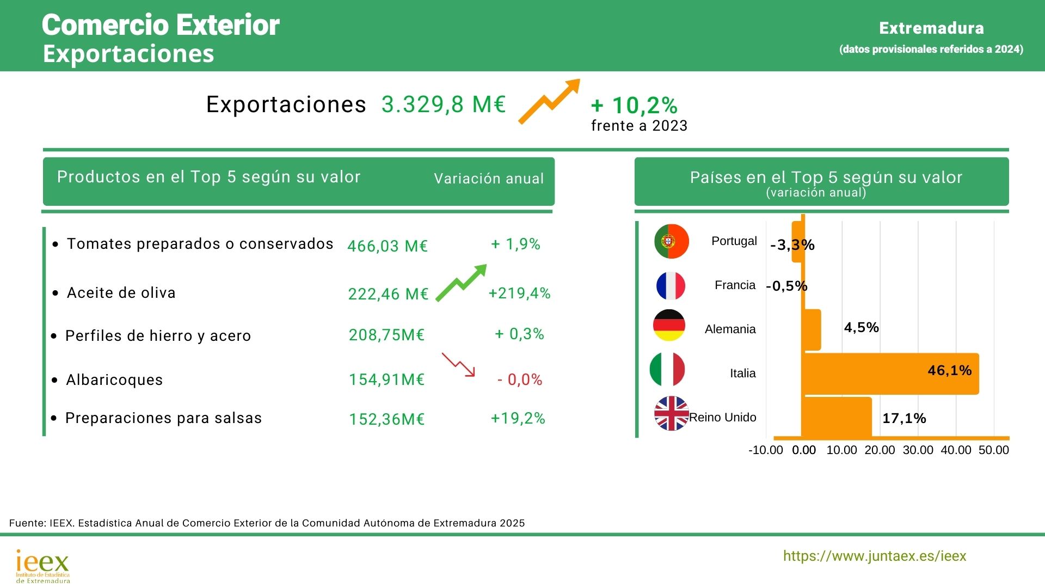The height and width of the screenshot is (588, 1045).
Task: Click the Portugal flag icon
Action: point(672,241)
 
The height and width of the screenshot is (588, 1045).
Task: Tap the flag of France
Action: point(671,286)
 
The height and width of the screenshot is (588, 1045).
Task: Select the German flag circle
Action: point(669,326)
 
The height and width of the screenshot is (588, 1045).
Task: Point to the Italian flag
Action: point(667,370)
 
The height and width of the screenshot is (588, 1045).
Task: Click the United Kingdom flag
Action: point(672,414)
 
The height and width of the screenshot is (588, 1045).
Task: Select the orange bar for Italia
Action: point(890,373)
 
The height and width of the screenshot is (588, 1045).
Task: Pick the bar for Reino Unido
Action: point(837,417)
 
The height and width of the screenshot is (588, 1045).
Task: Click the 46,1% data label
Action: point(949,371)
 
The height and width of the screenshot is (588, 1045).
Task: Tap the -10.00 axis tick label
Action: point(765,450)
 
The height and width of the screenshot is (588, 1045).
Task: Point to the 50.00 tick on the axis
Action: point(993,450)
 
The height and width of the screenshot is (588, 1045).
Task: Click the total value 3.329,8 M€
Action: point(444,105)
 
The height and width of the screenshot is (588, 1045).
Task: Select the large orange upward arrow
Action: point(549,101)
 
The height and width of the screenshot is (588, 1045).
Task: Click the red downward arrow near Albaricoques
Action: point(458,364)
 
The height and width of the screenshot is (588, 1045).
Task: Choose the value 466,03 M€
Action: point(388,246)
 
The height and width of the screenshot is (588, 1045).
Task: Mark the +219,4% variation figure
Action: point(519,293)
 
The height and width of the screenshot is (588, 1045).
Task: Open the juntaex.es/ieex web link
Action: point(875,556)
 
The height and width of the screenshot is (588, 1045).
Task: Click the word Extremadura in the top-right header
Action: point(931,28)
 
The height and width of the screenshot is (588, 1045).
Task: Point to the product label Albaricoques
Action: point(114,380)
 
